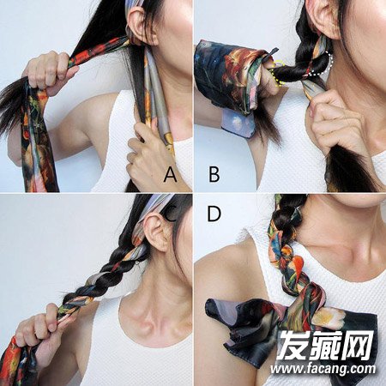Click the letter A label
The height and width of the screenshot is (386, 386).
(171, 175)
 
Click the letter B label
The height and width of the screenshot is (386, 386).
(214, 175)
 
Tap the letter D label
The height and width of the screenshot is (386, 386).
(214, 214)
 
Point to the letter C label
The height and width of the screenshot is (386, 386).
(170, 214)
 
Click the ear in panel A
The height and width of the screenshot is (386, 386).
(140, 24)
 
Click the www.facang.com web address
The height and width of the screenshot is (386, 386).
(323, 369)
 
